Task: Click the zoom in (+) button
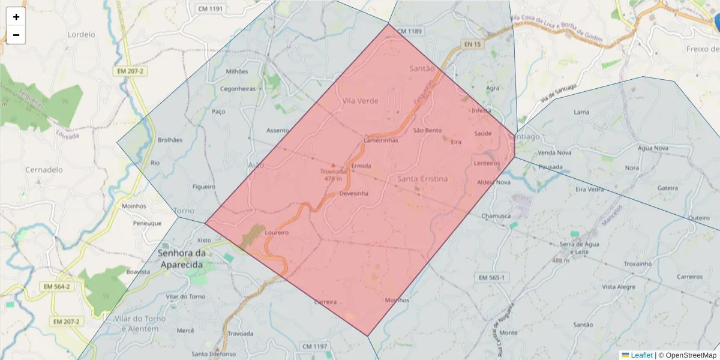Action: [16, 17]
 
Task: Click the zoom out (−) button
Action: [16, 35]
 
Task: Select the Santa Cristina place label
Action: [422, 179]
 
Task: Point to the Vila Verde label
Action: [360, 101]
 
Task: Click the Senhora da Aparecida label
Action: [182, 258]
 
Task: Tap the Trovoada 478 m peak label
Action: [333, 175]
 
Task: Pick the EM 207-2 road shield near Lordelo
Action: [130, 71]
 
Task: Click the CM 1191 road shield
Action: [209, 9]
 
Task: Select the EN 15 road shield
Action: [472, 44]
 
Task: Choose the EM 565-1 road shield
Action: [492, 277]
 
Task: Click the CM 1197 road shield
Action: [315, 347]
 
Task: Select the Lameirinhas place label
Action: [381, 140]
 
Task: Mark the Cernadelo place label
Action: [44, 170]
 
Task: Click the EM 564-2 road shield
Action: [56, 287]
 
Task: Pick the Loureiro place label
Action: [277, 232]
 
